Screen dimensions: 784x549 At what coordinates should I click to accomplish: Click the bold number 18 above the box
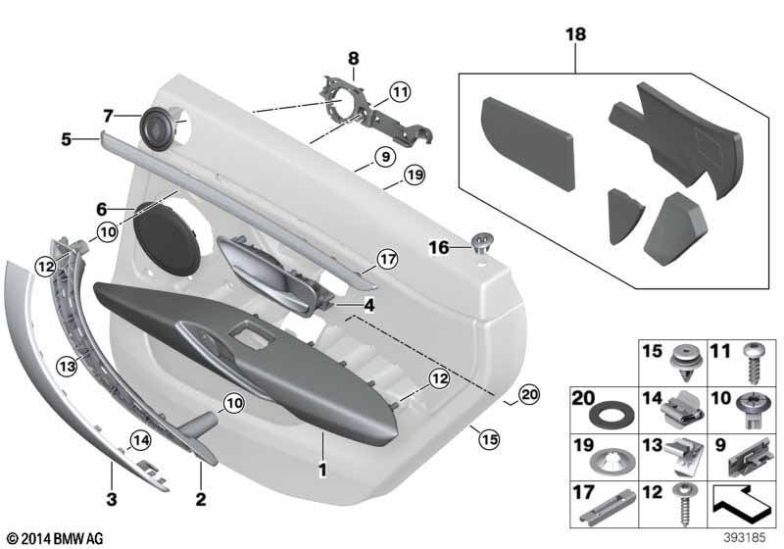(575, 34)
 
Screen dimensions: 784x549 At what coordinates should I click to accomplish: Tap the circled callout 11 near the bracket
(400, 92)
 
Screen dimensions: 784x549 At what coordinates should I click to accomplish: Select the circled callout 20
(529, 395)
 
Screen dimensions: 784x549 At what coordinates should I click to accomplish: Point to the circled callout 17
(387, 260)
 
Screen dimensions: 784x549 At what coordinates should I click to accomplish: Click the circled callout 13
(67, 367)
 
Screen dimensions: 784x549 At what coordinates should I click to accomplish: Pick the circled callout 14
(140, 440)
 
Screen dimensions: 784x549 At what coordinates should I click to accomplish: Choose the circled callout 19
(414, 175)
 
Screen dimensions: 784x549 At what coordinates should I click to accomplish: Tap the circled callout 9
(385, 157)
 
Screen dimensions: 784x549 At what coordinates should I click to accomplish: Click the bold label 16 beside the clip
(439, 247)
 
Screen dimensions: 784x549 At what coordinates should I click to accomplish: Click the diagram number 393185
(745, 538)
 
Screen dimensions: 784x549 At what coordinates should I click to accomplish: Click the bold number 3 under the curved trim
(112, 498)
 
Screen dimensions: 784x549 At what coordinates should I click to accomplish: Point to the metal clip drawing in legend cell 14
(682, 407)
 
